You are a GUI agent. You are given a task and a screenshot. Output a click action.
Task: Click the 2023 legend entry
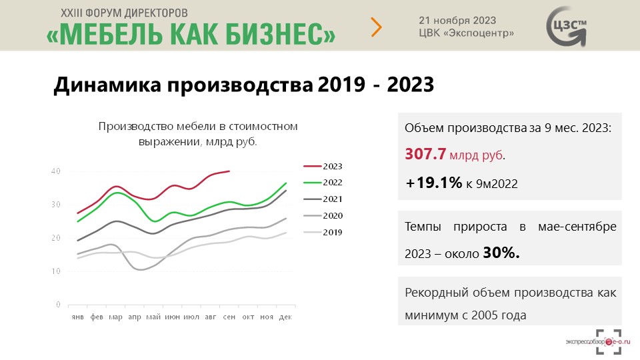tap(323, 166)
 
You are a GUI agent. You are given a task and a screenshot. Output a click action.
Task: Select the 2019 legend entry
tap(323, 232)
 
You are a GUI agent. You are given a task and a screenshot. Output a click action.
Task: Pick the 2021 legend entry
tap(323, 199)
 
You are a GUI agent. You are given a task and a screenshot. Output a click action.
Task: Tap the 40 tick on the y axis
tap(56, 171)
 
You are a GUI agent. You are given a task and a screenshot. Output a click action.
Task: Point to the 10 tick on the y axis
tap(56, 271)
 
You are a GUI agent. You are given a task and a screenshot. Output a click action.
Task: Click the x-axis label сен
tap(229, 317)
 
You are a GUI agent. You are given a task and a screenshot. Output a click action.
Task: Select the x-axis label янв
tap(77, 317)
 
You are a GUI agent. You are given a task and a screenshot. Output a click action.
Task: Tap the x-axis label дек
tap(285, 317)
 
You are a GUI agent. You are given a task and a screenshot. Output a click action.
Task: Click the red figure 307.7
tap(425, 154)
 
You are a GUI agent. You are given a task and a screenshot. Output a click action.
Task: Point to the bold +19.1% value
tap(434, 183)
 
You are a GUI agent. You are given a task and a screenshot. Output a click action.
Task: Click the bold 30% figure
tap(501, 253)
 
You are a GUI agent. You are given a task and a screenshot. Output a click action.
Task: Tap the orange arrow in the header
tap(377, 27)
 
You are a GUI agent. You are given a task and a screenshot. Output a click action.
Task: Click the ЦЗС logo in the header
tap(567, 27)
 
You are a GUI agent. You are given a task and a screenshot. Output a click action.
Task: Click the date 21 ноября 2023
tap(457, 21)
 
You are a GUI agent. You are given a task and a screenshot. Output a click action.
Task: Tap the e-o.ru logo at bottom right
tap(599, 342)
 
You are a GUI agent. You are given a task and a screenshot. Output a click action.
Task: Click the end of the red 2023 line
tap(229, 171)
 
